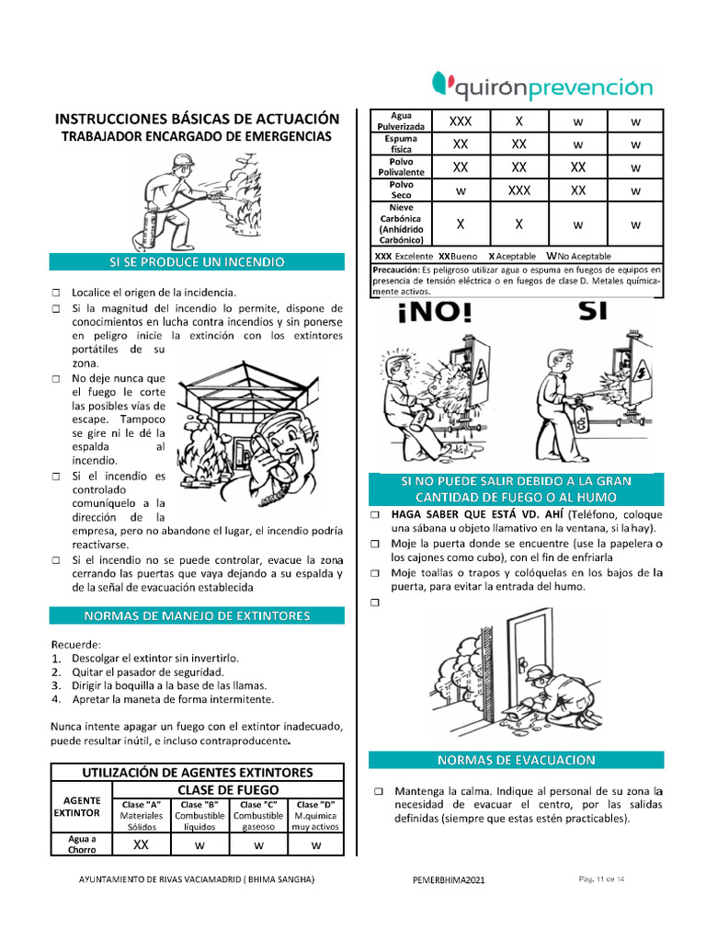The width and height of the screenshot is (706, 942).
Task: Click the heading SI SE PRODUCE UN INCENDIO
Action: click(197, 262)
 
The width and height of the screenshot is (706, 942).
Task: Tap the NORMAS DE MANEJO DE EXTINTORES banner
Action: click(197, 615)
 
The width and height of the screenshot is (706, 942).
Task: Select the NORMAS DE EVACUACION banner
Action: click(516, 760)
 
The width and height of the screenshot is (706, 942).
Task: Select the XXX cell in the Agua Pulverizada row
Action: click(461, 121)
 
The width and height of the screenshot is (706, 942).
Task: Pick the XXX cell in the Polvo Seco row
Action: click(518, 190)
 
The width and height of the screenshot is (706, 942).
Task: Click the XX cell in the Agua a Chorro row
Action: click(141, 844)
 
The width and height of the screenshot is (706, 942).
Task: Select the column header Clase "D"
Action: click(315, 805)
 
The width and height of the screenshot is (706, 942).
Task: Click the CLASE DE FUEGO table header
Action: click(228, 789)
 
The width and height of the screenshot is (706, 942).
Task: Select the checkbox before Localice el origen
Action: click(56, 292)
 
